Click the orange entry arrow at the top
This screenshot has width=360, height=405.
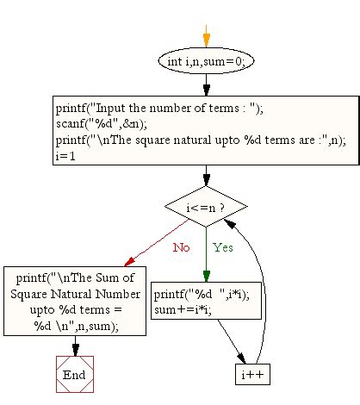pyautogui.click(x=206, y=36)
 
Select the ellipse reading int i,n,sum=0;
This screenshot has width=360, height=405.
pyautogui.click(x=206, y=61)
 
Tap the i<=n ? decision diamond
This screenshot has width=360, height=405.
pyautogui.click(x=206, y=207)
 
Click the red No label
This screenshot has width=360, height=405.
pyautogui.click(x=181, y=247)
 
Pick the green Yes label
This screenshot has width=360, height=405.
pyautogui.click(x=223, y=247)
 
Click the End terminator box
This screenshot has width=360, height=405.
pyautogui.click(x=75, y=375)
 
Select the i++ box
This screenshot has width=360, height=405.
pyautogui.click(x=252, y=375)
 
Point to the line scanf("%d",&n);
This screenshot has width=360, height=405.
pyautogui.click(x=102, y=124)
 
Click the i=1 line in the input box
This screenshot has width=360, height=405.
pyautogui.click(x=65, y=156)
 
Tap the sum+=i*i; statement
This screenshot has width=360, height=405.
pyautogui.click(x=183, y=309)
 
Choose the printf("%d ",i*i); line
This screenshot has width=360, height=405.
pyautogui.click(x=202, y=295)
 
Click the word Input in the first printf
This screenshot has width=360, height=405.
pyautogui.click(x=110, y=109)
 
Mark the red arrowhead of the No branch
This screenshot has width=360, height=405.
pyautogui.click(x=129, y=261)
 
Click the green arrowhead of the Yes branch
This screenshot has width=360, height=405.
pyautogui.click(x=206, y=276)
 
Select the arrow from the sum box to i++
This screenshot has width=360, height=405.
pyautogui.click(x=232, y=341)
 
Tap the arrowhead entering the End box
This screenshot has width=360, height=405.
pyautogui.click(x=76, y=351)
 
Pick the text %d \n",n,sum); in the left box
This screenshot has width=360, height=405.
pyautogui.click(x=76, y=327)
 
